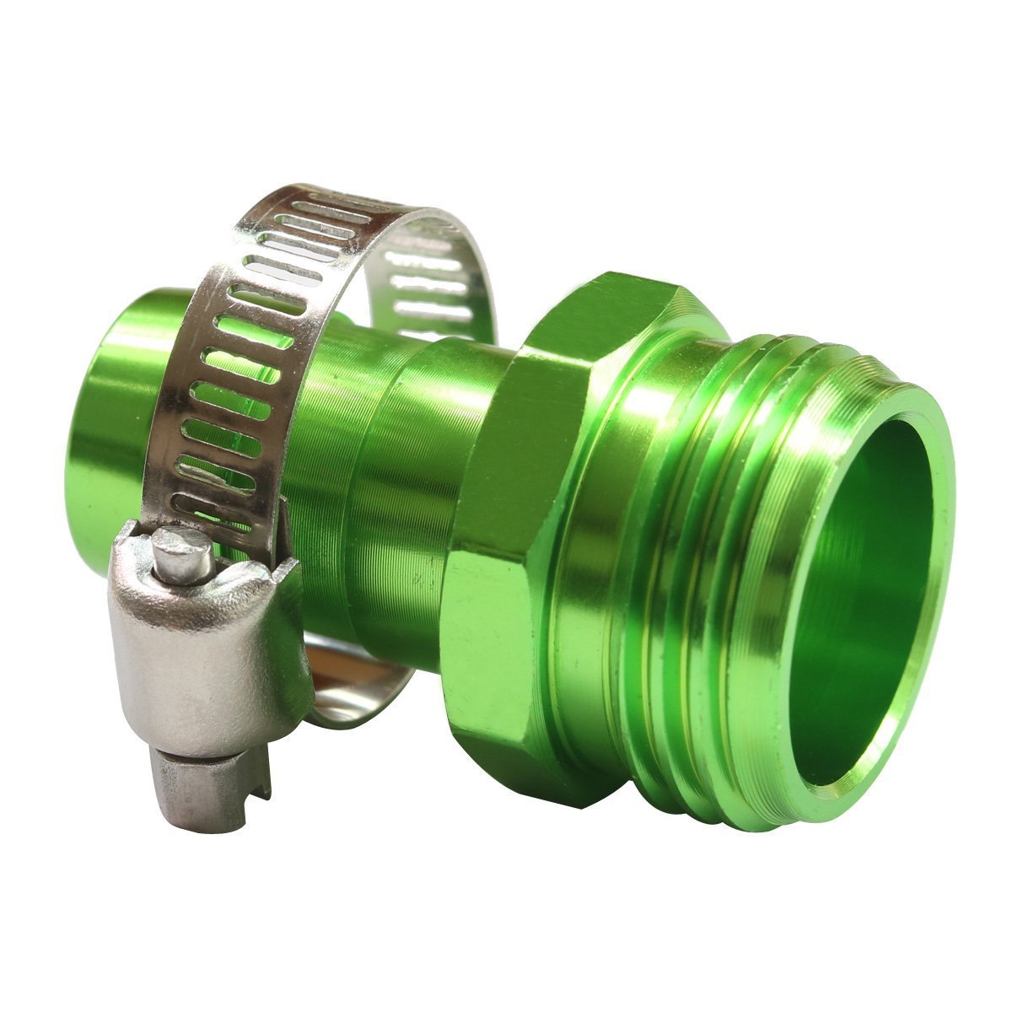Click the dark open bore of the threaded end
852,590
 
